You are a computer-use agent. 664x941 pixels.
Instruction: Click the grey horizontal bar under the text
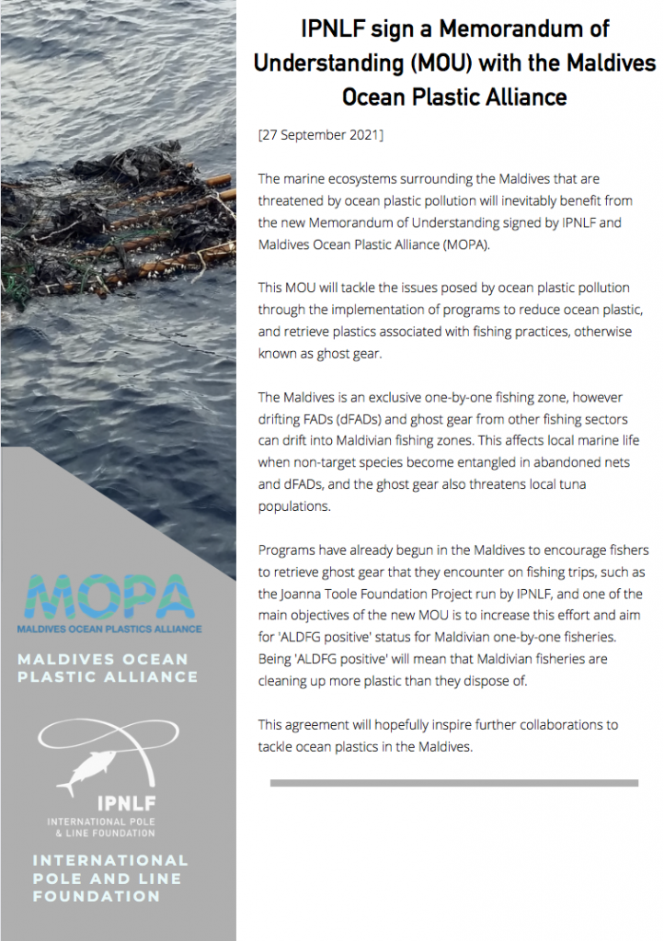(453, 783)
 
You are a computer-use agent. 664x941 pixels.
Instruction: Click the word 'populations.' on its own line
(295, 505)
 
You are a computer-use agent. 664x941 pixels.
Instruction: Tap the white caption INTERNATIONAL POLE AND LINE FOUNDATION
(109, 878)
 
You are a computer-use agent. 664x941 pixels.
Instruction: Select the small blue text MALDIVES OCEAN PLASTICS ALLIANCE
(109, 629)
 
